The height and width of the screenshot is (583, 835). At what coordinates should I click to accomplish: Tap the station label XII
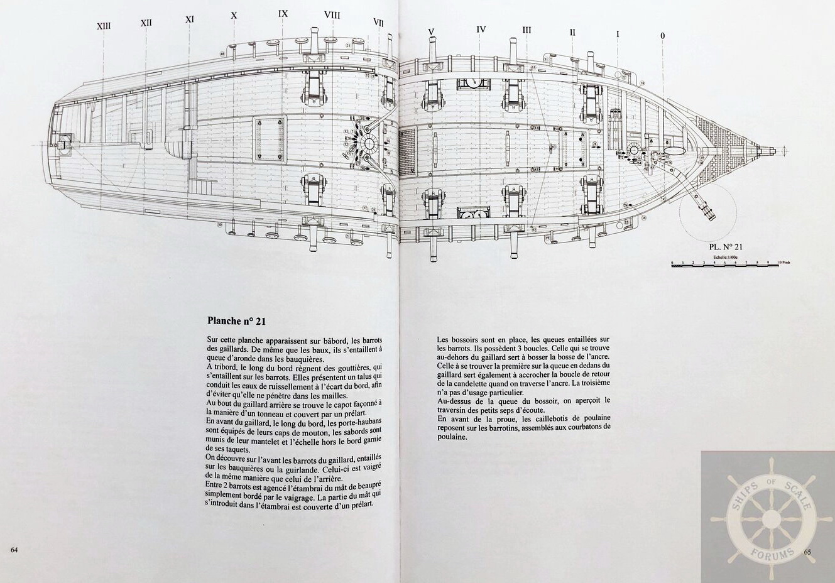pos(146,23)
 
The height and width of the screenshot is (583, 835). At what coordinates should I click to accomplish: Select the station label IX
pos(283,13)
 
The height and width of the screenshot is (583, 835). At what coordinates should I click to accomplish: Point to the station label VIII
pos(332,14)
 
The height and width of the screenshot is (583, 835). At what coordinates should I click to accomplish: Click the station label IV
pos(481,29)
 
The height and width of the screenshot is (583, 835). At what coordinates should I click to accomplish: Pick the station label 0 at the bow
pos(662,36)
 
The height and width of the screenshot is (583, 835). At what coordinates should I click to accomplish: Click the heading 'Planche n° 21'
pos(237,320)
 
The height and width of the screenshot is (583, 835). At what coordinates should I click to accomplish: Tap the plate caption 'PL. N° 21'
pos(724,248)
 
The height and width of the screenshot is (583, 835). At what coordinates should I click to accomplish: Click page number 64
pos(14,550)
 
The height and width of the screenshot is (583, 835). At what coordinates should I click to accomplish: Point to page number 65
pos(807,552)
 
